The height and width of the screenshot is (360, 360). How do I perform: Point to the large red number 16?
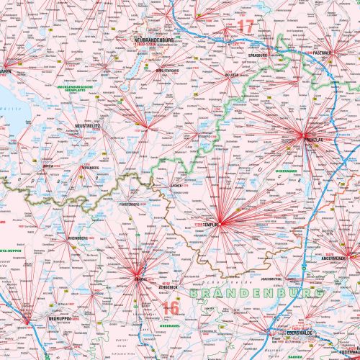pos(170,308)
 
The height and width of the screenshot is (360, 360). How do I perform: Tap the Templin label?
pos(211,225)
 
